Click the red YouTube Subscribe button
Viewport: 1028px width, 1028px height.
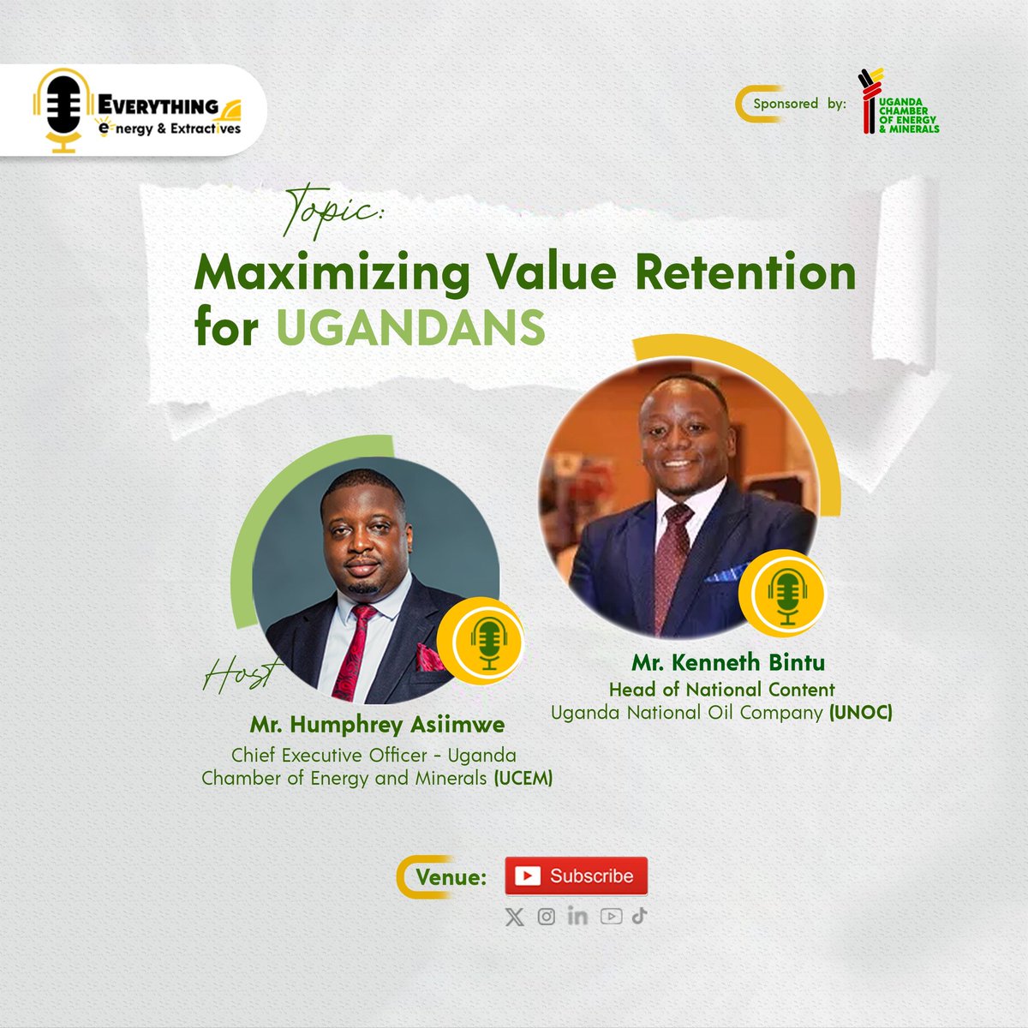point(576,876)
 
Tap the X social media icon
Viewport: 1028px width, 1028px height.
point(514,917)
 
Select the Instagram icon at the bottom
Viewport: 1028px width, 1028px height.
point(546,917)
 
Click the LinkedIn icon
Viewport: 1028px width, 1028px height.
point(577,916)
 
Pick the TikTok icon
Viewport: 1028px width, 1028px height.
point(640,916)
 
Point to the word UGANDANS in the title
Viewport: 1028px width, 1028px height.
point(410,328)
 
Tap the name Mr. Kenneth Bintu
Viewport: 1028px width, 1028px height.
point(728,662)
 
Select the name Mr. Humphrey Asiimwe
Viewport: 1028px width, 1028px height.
point(377,725)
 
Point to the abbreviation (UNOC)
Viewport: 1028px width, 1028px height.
point(860,712)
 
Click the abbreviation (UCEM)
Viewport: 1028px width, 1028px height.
point(522,778)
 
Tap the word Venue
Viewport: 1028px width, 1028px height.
point(451,877)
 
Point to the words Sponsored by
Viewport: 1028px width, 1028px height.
point(798,104)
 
